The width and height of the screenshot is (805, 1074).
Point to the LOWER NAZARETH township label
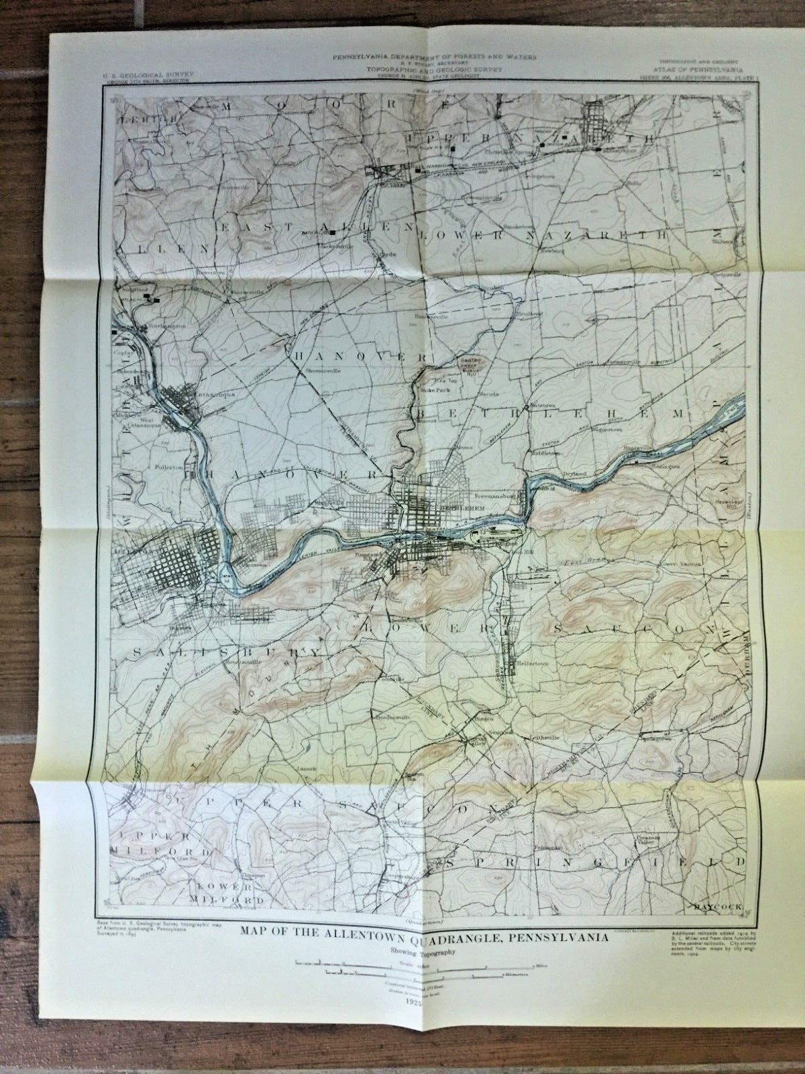pos(543,236)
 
